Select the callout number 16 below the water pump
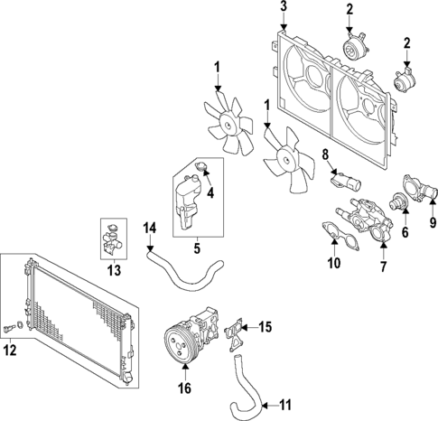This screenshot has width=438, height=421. coord(185,389)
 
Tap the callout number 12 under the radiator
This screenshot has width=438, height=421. coord(11,350)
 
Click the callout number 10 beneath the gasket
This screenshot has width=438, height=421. coord(333,265)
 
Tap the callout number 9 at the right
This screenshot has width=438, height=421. coord(431,218)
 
